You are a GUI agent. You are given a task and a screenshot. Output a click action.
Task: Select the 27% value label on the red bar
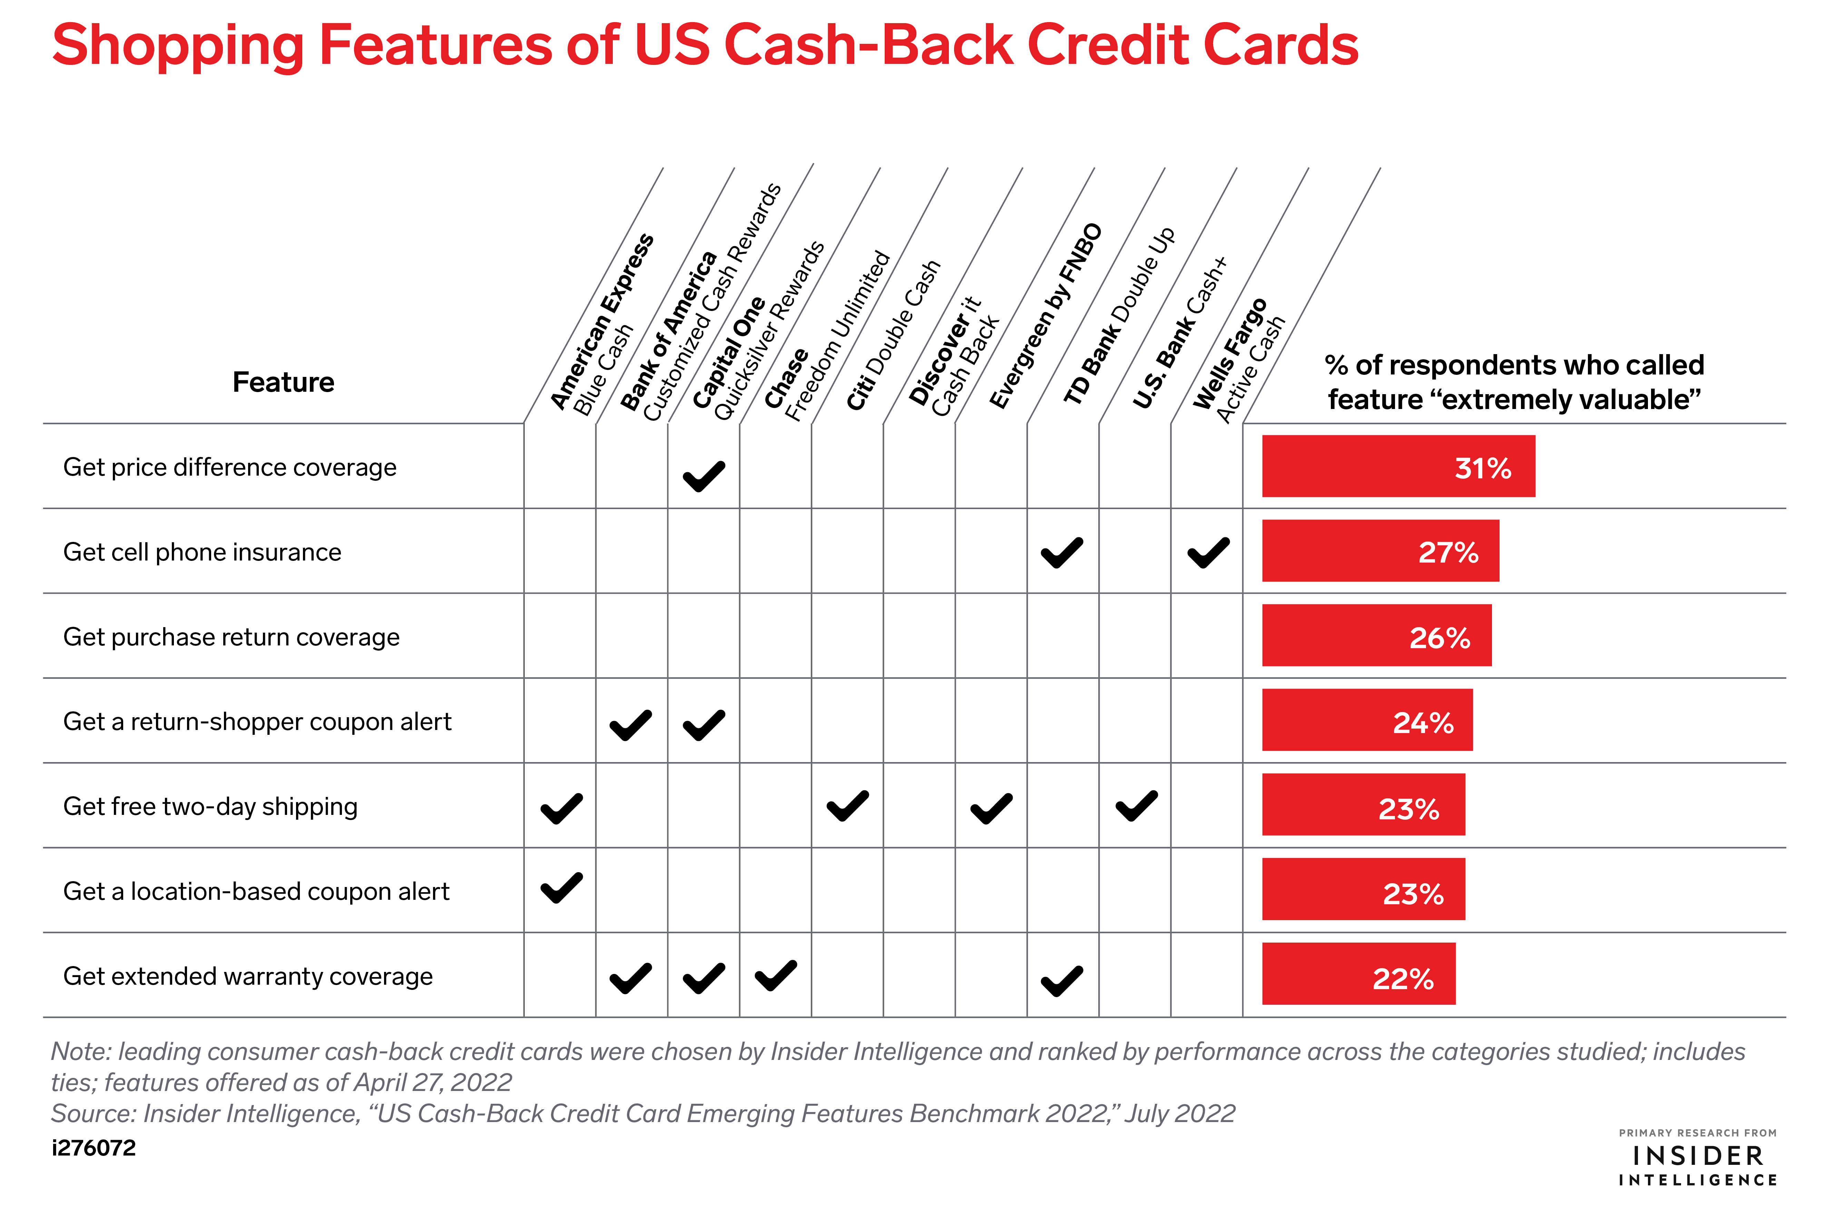[1449, 552]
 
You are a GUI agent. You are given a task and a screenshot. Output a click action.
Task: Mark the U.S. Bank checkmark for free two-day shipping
[1136, 806]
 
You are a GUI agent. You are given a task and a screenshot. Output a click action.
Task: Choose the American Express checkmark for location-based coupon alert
[561, 888]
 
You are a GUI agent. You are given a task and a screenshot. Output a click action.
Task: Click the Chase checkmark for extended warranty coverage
[776, 976]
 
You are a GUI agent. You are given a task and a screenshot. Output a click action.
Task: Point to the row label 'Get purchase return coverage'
[232, 637]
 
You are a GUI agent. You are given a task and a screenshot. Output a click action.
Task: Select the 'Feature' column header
[284, 382]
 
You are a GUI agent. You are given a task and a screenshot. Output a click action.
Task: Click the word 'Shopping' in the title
[178, 45]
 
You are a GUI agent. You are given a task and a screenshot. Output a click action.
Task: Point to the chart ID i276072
[94, 1148]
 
